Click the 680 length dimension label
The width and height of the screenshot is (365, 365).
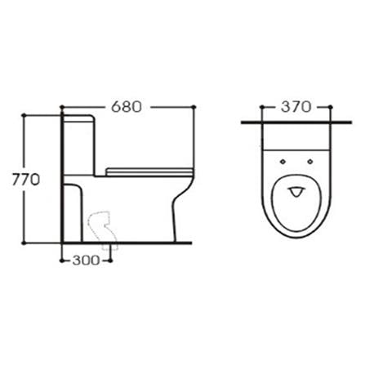tap(127, 107)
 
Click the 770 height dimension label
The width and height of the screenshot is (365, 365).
tap(26, 180)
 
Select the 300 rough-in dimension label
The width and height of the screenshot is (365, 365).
tap(87, 260)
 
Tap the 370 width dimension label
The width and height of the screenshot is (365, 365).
tap(296, 107)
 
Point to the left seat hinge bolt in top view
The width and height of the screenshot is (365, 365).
tap(283, 162)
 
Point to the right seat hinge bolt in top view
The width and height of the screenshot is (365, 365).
tap(310, 162)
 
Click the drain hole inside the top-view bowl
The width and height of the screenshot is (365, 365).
tap(296, 192)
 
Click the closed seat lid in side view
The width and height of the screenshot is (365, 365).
tap(149, 172)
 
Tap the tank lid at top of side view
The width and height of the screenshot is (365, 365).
tap(79, 118)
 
